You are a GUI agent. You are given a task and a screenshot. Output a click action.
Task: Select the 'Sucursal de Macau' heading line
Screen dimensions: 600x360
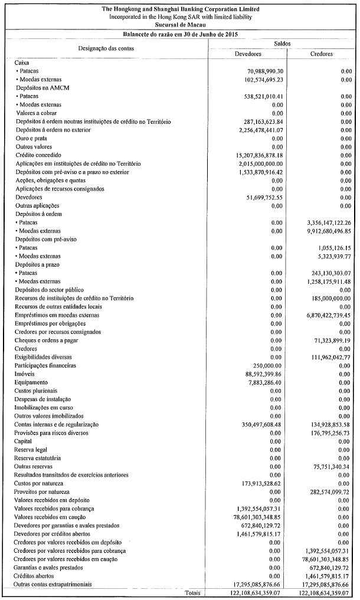180,25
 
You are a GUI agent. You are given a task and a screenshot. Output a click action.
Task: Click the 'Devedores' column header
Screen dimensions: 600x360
248,54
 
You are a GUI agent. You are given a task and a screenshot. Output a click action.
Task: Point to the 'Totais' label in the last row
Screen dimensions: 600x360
194,592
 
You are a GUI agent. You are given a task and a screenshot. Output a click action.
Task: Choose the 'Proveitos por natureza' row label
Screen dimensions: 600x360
42,491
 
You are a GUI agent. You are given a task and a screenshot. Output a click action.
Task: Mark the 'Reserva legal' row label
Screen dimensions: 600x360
31,450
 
